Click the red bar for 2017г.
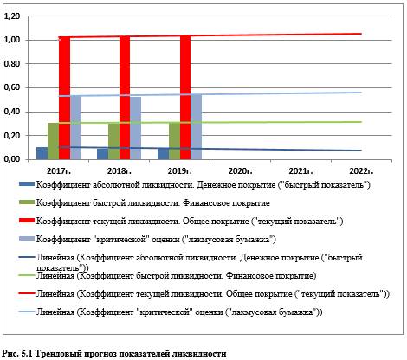[x=64, y=98]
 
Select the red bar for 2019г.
[x=185, y=98]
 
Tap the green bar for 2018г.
[x=113, y=141]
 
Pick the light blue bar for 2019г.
[x=197, y=127]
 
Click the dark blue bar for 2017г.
[x=42, y=153]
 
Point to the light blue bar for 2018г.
[x=136, y=128]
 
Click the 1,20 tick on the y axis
[x=12, y=16]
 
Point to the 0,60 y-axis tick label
[x=12, y=87]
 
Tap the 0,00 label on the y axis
[x=12, y=159]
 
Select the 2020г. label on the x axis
[x=240, y=171]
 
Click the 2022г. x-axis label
[x=361, y=171]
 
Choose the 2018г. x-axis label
[x=120, y=171]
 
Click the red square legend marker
[x=27, y=221]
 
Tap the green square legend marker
[x=27, y=202]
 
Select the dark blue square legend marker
[x=27, y=184]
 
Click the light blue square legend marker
[x=27, y=239]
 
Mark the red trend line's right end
[x=361, y=34]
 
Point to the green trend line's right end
[x=361, y=122]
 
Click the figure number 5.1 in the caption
[x=28, y=353]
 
